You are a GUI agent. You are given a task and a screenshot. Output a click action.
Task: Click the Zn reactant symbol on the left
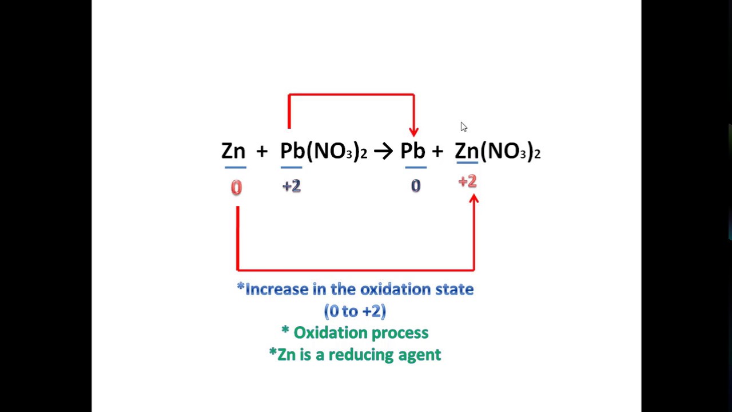[x=233, y=151]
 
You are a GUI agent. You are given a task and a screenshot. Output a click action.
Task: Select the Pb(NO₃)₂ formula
[x=323, y=151]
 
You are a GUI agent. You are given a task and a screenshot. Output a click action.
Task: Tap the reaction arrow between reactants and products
[x=383, y=151]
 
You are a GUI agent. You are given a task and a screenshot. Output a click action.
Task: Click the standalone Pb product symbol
[x=412, y=151]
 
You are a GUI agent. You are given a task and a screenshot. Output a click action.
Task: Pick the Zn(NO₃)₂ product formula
[x=498, y=151]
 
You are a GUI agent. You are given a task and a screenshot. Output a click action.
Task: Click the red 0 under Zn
[x=236, y=188]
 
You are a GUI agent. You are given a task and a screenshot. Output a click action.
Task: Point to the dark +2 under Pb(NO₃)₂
[x=291, y=186]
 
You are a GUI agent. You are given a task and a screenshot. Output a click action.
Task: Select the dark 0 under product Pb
[x=416, y=186]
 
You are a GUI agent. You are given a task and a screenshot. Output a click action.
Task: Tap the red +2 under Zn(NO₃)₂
[x=467, y=182]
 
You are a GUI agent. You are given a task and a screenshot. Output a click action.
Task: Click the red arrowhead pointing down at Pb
[x=413, y=132]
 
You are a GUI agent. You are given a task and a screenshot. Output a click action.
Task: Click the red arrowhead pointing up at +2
[x=474, y=199]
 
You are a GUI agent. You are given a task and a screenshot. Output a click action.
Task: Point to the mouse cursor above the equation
[x=463, y=126]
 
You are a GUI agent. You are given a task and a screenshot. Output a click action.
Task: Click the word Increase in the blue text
[x=276, y=290]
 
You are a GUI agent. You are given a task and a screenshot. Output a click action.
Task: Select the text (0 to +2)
[x=355, y=311]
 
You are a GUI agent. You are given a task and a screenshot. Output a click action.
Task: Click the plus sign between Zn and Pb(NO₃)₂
[x=262, y=151]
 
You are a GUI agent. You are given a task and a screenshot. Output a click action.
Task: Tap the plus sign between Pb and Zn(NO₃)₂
[x=437, y=151]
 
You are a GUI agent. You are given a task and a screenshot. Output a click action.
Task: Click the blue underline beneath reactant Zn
[x=235, y=168]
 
